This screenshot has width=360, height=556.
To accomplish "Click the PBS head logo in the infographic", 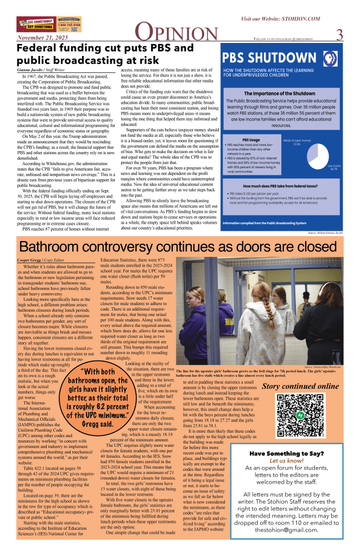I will [330, 59].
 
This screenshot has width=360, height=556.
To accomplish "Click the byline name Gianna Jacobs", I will [29, 71].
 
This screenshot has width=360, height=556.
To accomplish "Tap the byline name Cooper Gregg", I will [29, 261].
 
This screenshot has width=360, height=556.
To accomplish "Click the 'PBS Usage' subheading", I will [235, 140].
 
